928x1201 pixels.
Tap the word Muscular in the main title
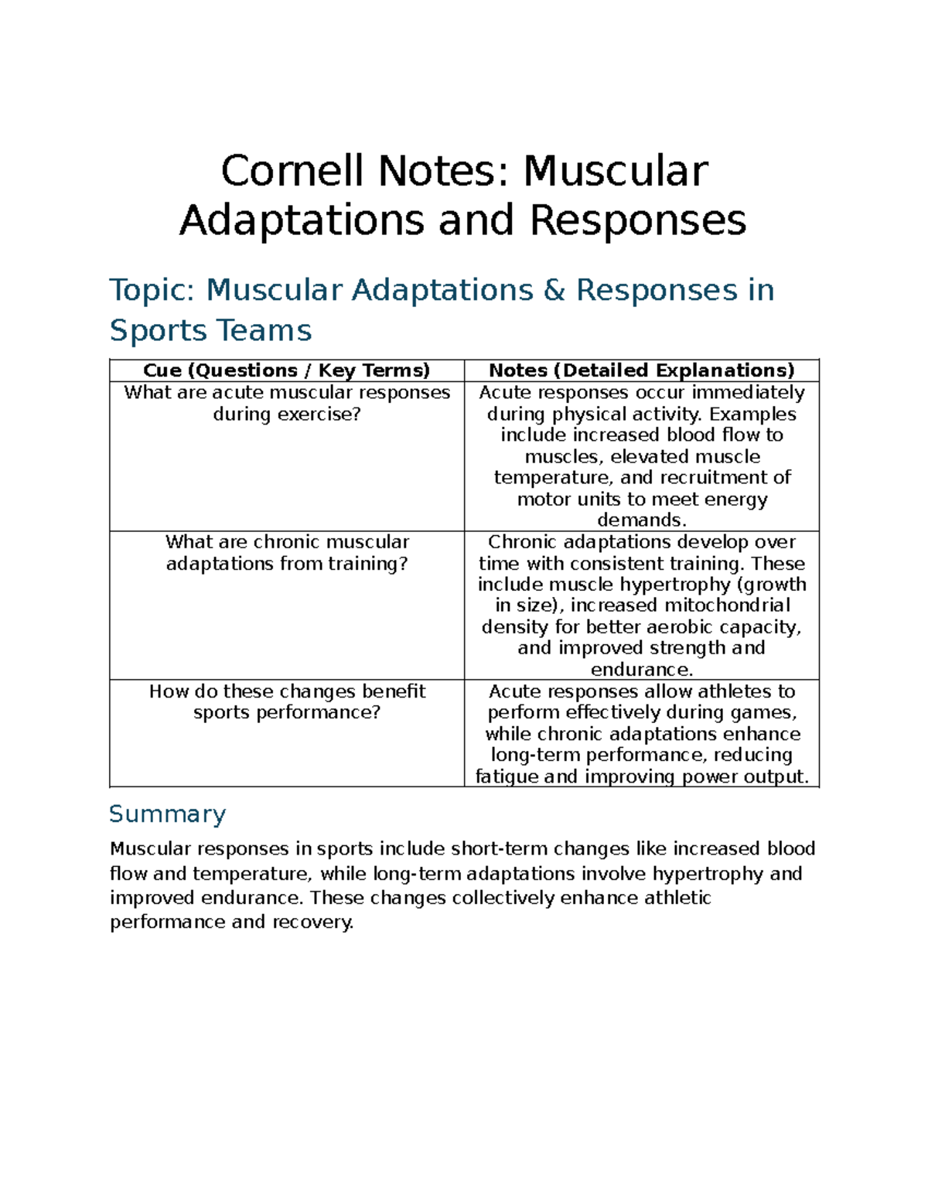[615, 171]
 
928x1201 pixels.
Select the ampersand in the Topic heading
[554, 290]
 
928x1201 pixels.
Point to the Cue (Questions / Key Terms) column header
[286, 370]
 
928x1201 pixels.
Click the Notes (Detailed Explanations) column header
[641, 370]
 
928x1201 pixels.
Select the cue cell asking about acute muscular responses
[286, 403]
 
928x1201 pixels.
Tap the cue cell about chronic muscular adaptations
[286, 552]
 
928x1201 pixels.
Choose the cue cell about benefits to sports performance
[286, 701]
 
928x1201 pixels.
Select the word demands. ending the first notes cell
[641, 520]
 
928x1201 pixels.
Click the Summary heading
[167, 814]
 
